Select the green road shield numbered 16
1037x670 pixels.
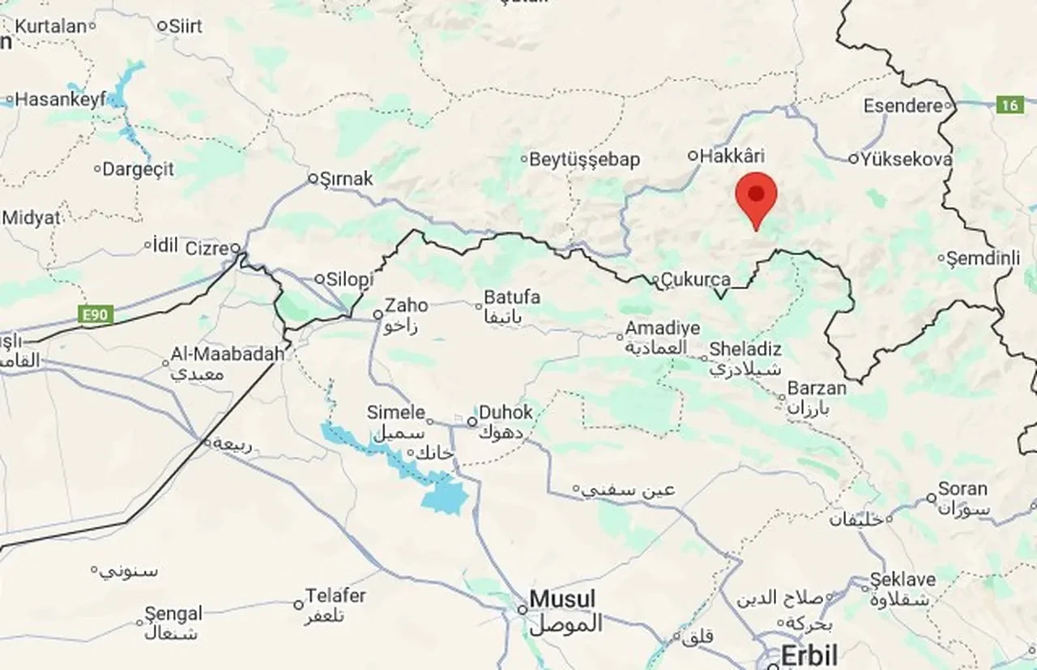coord(1009,105)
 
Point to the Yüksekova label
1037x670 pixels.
coord(906,160)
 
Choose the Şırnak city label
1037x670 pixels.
coord(346,178)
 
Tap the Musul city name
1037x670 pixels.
coord(562,600)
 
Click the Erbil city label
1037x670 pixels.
coord(809,655)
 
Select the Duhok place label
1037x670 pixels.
coord(506,412)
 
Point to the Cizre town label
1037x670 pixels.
coord(207,248)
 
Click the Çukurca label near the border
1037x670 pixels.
coord(696,280)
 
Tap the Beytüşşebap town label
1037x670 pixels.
coord(584,160)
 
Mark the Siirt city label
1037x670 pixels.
coord(186,26)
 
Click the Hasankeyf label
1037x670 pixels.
coord(61,100)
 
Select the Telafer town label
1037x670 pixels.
coord(335,596)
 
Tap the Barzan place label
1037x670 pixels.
coord(817,388)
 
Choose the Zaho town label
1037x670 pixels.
coord(406,305)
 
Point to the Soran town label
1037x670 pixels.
coord(962,489)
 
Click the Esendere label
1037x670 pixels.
coord(903,106)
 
